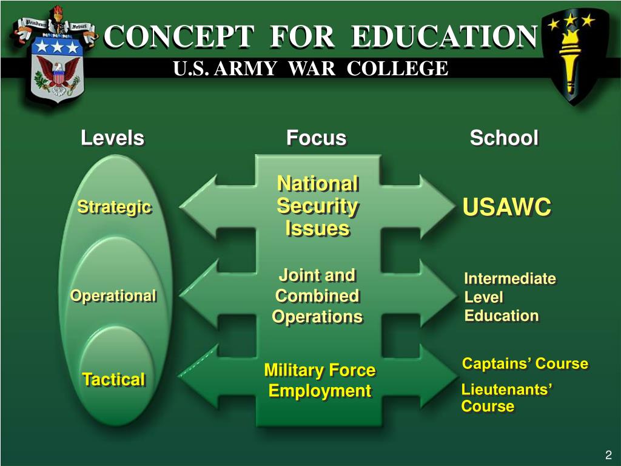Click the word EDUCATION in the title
pyautogui.click(x=445, y=37)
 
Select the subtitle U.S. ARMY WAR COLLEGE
pyautogui.click(x=310, y=69)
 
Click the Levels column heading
pyautogui.click(x=113, y=138)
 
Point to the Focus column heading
pyautogui.click(x=316, y=138)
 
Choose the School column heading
pyautogui.click(x=504, y=138)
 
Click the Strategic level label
pyautogui.click(x=114, y=208)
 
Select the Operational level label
pyautogui.click(x=113, y=296)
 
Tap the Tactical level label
pyautogui.click(x=113, y=380)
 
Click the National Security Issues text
pyautogui.click(x=317, y=206)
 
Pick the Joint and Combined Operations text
pyautogui.click(x=317, y=296)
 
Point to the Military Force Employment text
pyautogui.click(x=320, y=380)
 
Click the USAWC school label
pyautogui.click(x=507, y=208)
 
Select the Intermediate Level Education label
pyautogui.click(x=509, y=297)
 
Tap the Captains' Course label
pyautogui.click(x=525, y=364)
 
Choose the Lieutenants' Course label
pyautogui.click(x=506, y=398)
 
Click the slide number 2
pyautogui.click(x=608, y=456)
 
